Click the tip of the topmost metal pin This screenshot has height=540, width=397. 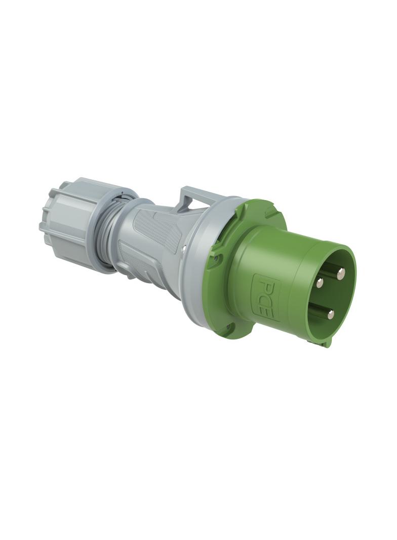pos(341,274)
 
